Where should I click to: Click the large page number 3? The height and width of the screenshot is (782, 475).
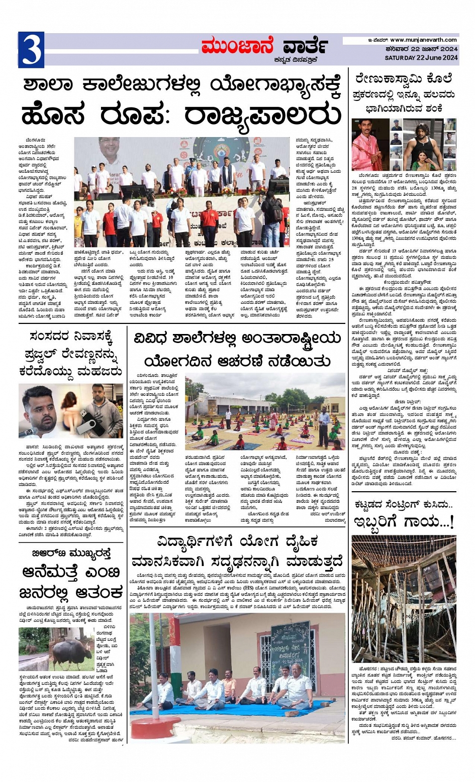point(31,50)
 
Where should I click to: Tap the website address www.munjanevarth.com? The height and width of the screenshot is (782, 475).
point(423,40)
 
